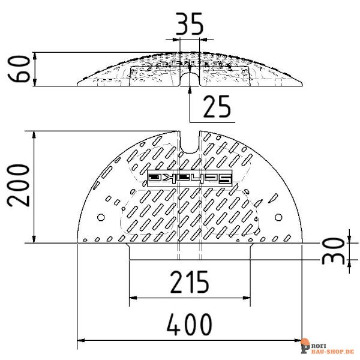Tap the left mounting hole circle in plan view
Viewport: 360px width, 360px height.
(x=101, y=217)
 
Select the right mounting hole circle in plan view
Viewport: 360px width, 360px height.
(x=277, y=217)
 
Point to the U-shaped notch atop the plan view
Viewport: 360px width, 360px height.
(x=189, y=145)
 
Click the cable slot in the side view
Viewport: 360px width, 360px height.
(x=189, y=80)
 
